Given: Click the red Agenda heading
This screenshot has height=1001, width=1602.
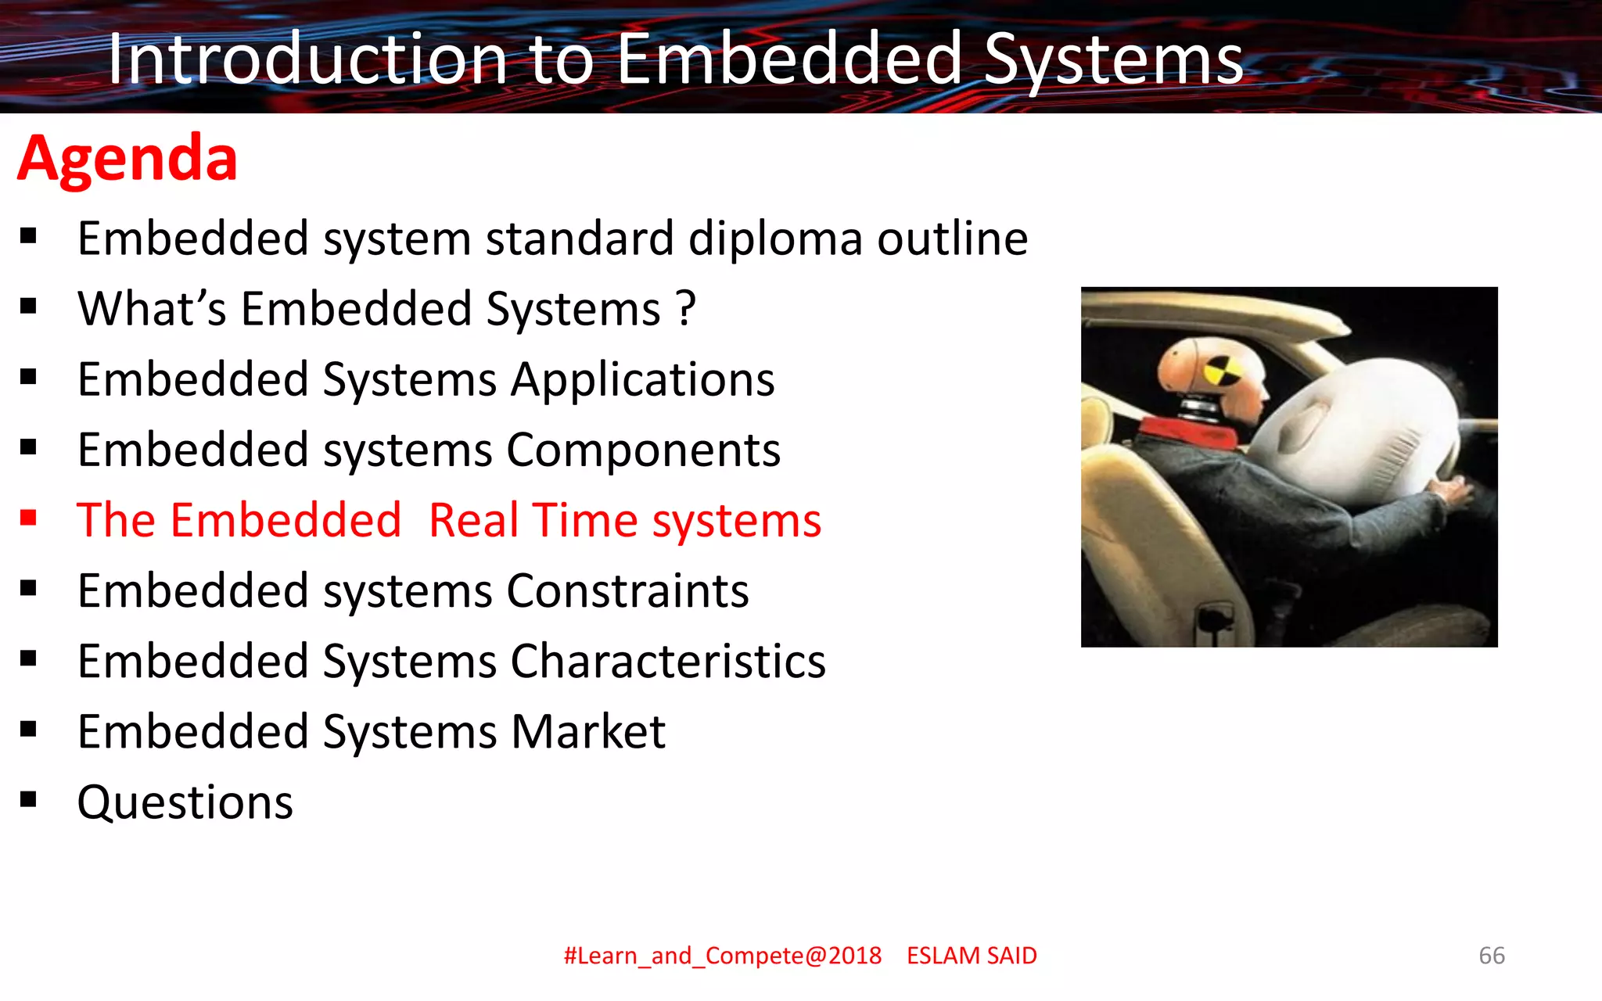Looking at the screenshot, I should (128, 159).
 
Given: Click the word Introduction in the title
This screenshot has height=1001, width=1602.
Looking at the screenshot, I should (307, 59).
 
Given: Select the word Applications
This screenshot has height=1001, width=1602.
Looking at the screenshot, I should (642, 380).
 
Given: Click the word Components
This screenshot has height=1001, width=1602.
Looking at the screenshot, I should (643, 450).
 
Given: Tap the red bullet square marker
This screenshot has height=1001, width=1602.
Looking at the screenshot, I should (29, 518).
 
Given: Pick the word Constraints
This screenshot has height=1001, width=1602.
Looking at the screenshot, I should (627, 591).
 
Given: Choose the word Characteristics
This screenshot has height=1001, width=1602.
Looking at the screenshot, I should (668, 662).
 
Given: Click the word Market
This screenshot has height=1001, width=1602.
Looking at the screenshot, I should (587, 732).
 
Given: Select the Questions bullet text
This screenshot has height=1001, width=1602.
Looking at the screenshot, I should (185, 802).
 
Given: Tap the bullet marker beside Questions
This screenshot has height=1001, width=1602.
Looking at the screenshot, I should (29, 799).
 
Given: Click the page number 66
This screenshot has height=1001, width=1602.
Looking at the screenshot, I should (1491, 956).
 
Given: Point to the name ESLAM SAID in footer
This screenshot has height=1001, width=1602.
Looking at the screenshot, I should (972, 956).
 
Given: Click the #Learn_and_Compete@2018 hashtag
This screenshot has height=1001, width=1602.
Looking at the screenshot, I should (722, 956).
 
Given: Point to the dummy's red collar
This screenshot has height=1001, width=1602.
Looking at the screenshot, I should (1173, 429).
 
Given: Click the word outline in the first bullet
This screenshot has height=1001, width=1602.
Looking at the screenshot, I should (952, 239).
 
